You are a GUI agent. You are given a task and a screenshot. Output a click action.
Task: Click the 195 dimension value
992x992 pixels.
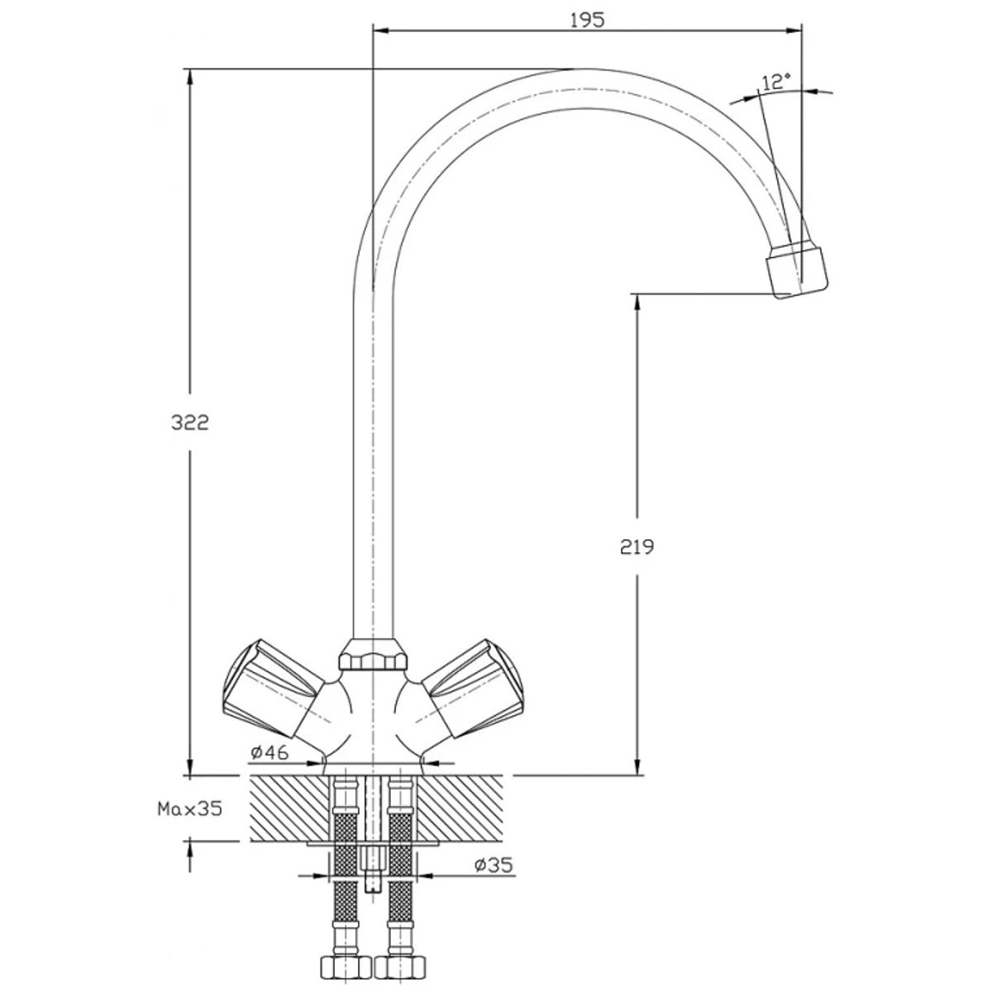tap(588, 20)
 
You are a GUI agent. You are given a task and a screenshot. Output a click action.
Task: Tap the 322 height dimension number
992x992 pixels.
tap(190, 423)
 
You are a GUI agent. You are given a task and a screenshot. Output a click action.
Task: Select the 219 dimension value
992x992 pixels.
tap(637, 546)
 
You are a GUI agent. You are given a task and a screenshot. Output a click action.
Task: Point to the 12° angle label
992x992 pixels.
tap(775, 82)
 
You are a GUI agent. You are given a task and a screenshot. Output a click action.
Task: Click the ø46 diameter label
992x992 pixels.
tap(269, 752)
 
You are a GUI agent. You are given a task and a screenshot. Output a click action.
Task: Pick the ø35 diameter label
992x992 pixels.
tap(494, 865)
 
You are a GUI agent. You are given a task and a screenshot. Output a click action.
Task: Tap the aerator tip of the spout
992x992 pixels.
tap(797, 272)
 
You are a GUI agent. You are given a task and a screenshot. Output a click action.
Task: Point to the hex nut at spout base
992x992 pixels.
tap(373, 655)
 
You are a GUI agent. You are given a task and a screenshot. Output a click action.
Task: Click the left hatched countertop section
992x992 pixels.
tap(290, 816)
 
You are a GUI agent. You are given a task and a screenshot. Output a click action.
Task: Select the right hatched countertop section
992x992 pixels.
tap(459, 816)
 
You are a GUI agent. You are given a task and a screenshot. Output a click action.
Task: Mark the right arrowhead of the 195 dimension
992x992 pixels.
tap(794, 31)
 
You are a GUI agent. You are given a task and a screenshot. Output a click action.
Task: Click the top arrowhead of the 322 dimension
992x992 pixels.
tap(190, 77)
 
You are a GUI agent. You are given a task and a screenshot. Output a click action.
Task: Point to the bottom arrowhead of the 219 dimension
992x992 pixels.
tap(637, 780)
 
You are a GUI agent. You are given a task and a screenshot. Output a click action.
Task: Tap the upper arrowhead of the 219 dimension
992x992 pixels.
tap(637, 303)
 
